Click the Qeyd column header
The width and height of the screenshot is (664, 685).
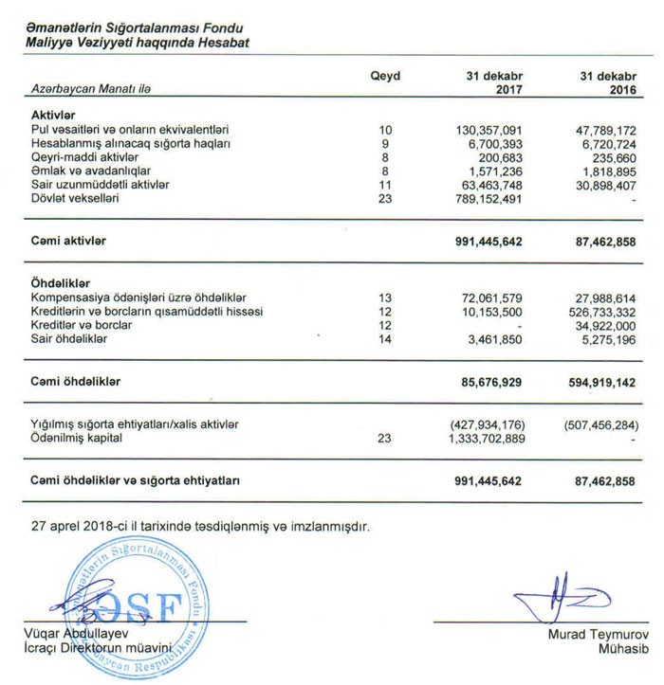click(384, 76)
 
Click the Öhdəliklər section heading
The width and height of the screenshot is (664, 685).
click(60, 283)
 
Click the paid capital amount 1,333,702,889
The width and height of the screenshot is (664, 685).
click(485, 440)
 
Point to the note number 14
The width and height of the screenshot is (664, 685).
click(384, 338)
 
